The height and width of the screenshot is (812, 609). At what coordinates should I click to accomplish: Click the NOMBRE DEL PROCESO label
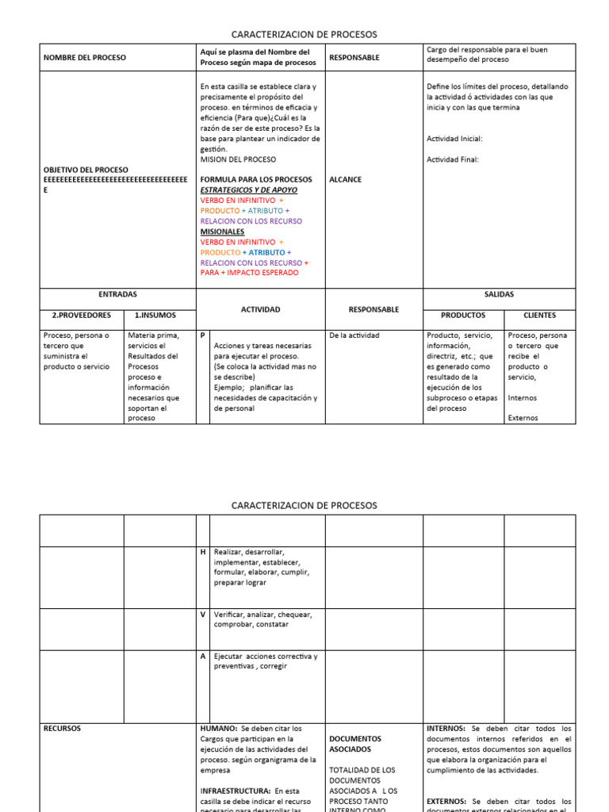pyautogui.click(x=84, y=57)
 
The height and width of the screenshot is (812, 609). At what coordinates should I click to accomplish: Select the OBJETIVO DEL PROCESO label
pyautogui.click(x=86, y=170)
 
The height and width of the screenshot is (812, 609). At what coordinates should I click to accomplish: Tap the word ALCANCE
pyautogui.click(x=345, y=180)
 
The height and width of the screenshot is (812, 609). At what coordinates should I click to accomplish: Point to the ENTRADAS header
pyautogui.click(x=117, y=294)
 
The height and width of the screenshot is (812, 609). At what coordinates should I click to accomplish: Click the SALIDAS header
pyautogui.click(x=498, y=294)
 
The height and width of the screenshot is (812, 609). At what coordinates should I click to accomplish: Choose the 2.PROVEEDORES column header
pyautogui.click(x=81, y=315)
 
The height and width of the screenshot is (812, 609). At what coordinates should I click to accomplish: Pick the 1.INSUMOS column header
pyautogui.click(x=160, y=315)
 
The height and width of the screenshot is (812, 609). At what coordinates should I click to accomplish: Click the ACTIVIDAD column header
pyautogui.click(x=260, y=309)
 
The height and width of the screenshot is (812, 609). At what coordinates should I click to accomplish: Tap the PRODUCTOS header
pyautogui.click(x=463, y=315)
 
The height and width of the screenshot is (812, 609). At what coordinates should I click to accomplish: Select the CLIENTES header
pyautogui.click(x=539, y=315)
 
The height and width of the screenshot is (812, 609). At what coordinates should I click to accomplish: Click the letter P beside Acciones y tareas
pyautogui.click(x=203, y=335)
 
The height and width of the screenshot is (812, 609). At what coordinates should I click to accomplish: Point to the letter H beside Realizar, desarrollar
pyautogui.click(x=203, y=552)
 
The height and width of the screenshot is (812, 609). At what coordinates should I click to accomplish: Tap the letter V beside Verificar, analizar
pyautogui.click(x=203, y=615)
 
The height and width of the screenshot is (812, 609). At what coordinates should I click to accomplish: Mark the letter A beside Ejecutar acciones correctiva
pyautogui.click(x=203, y=657)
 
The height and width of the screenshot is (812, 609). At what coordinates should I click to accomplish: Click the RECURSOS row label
pyautogui.click(x=62, y=728)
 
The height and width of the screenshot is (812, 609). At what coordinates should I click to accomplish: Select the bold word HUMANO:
pyautogui.click(x=218, y=728)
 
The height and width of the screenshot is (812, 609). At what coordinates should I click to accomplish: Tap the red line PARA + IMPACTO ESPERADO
pyautogui.click(x=250, y=273)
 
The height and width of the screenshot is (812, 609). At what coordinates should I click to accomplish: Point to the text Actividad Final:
pyautogui.click(x=453, y=159)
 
